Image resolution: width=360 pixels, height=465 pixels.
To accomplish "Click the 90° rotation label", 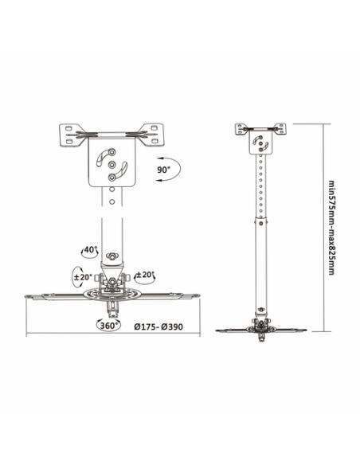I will tap(162, 169).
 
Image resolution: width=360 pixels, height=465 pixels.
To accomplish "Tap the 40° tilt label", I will tap(91, 249).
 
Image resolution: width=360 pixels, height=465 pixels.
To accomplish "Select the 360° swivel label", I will tap(108, 325).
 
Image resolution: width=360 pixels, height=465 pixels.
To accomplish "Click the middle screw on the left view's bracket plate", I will tap(112, 164).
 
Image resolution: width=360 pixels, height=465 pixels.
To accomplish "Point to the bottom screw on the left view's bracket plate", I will tap(112, 178).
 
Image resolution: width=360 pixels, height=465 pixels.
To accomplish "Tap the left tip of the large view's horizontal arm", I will tap(29, 298).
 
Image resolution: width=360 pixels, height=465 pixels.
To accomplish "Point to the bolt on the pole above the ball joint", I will tap(112, 256).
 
